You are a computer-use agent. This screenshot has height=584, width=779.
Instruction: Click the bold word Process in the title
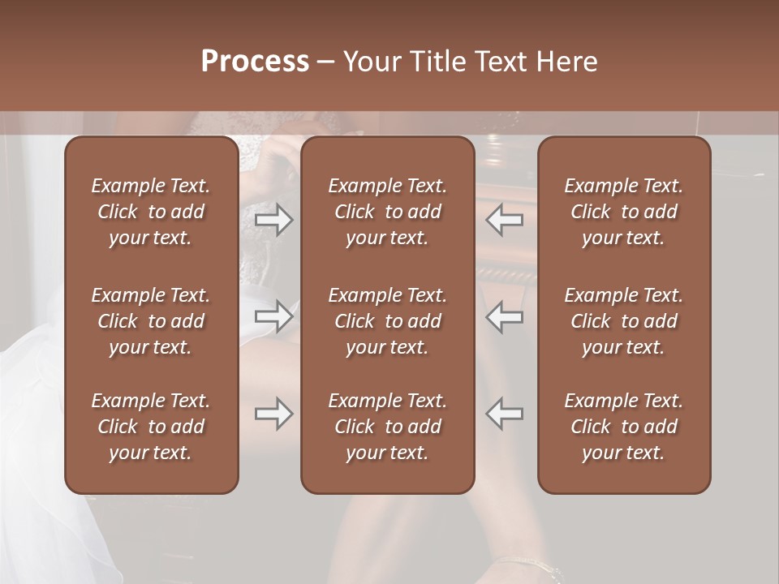pyautogui.click(x=255, y=62)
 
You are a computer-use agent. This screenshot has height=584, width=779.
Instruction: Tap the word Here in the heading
pyautogui.click(x=566, y=62)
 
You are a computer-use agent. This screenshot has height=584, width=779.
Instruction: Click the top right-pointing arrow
pyautogui.click(x=274, y=220)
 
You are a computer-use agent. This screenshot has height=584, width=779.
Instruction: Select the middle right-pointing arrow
pyautogui.click(x=274, y=316)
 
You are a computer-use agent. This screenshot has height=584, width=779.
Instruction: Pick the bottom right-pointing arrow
pyautogui.click(x=274, y=414)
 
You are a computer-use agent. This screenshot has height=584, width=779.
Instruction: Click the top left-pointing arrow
pyautogui.click(x=505, y=220)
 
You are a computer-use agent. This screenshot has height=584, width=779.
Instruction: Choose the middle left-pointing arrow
pyautogui.click(x=505, y=316)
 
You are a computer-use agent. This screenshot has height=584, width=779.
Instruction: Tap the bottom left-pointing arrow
pyautogui.click(x=505, y=414)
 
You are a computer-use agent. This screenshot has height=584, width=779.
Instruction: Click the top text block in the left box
pyautogui.click(x=151, y=212)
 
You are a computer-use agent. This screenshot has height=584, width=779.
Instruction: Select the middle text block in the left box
pyautogui.click(x=151, y=321)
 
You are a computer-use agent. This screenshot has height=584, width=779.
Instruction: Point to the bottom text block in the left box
pyautogui.click(x=151, y=427)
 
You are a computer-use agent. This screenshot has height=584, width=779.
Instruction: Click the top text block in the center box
pyautogui.click(x=387, y=212)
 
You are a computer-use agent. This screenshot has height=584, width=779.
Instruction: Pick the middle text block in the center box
pyautogui.click(x=387, y=321)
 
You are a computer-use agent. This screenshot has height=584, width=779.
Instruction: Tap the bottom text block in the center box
pyautogui.click(x=387, y=427)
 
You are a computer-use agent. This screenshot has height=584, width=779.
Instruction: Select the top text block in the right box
pyautogui.click(x=623, y=212)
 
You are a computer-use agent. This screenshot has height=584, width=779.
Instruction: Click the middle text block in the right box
pyautogui.click(x=623, y=321)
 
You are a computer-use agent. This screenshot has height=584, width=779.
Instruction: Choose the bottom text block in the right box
pyautogui.click(x=623, y=427)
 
